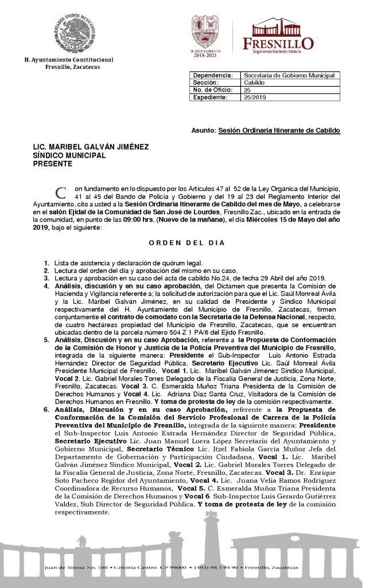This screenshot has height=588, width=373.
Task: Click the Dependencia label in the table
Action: pos(213,75)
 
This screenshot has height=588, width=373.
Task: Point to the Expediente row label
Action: pos(211,98)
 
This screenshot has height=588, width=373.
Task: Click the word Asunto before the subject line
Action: pos(203,131)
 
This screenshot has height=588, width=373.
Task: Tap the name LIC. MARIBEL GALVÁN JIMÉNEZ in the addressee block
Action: pos(91,147)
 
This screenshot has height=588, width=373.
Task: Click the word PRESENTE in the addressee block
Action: pos(53,164)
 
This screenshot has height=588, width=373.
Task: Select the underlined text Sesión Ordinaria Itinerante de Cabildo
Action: pos(279,131)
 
